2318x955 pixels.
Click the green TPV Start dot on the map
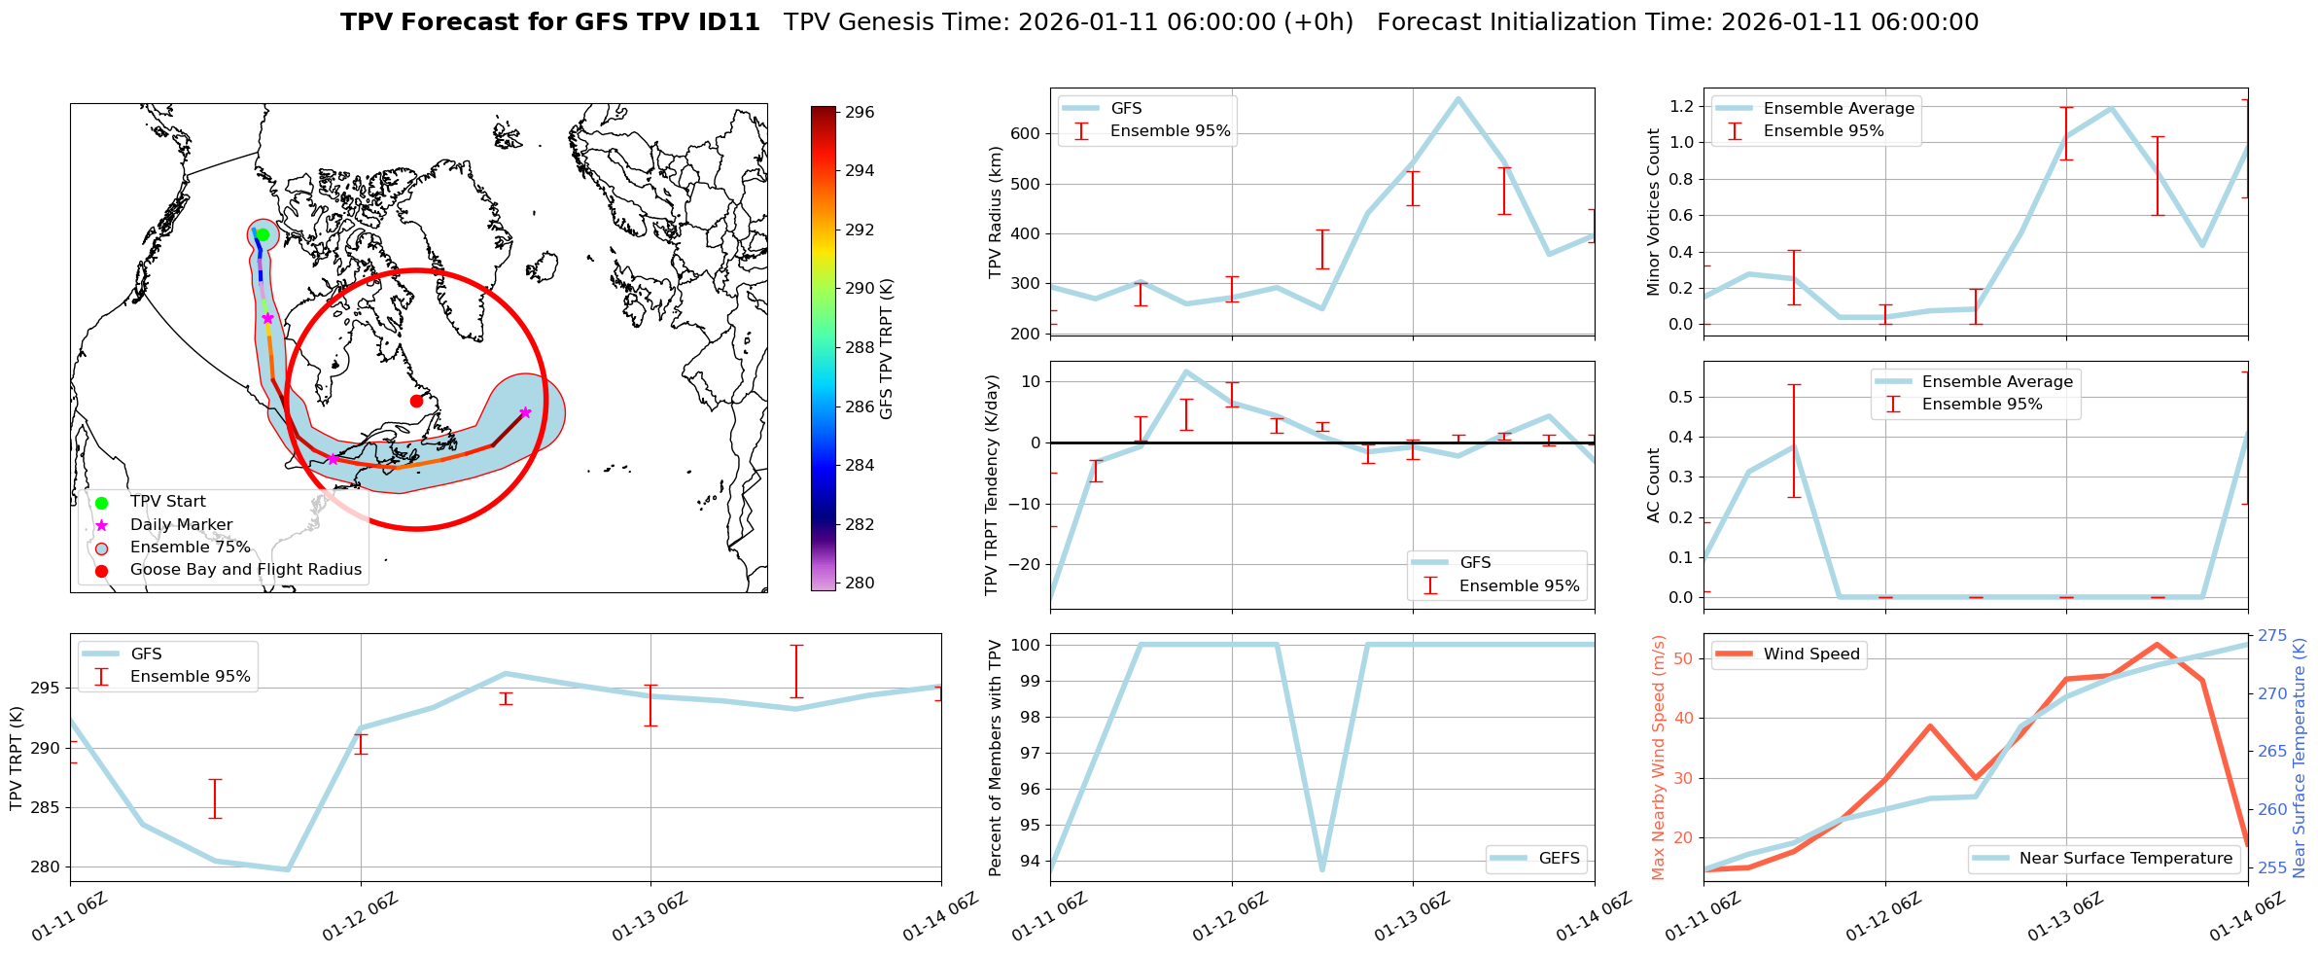263,234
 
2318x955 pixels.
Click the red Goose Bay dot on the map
416,401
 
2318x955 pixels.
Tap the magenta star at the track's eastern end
525,412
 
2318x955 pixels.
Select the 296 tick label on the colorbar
860,113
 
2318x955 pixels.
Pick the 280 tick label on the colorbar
860,584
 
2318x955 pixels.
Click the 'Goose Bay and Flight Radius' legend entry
245,570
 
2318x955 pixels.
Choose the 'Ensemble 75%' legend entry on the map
190,548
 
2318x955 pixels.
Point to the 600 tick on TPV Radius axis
1027,134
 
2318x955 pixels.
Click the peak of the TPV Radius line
1458,98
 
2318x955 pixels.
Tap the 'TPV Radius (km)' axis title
995,212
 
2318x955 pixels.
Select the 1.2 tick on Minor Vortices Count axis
1682,106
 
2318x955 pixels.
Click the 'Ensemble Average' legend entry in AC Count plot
1997,382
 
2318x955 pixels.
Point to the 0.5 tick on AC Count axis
1682,397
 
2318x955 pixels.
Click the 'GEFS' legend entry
1559,859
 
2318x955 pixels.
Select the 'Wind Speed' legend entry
1811,654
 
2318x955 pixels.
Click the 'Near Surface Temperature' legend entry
2125,859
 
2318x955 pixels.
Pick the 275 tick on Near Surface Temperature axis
2272,636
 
